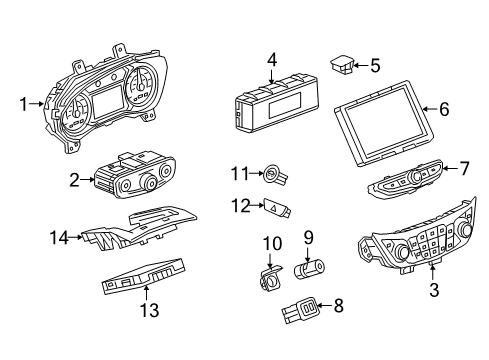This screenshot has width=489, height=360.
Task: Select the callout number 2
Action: point(74,180)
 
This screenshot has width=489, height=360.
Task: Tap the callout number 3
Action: point(432,291)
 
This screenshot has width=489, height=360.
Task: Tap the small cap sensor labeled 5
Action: point(342,66)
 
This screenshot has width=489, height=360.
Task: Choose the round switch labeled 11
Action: point(273,176)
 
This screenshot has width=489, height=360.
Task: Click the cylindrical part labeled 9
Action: point(311,269)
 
